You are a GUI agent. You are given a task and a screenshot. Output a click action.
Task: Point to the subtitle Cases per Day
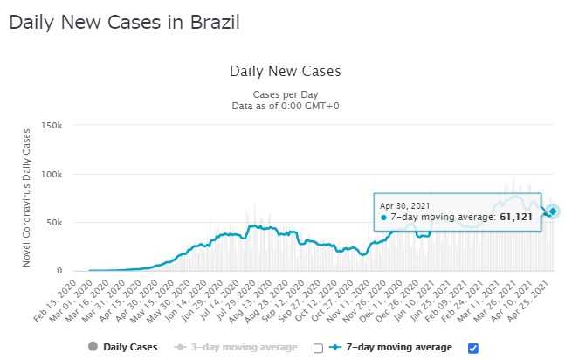(285, 93)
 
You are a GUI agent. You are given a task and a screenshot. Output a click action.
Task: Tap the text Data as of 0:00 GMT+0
(285, 104)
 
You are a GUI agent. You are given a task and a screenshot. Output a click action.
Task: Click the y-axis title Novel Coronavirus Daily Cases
(27, 197)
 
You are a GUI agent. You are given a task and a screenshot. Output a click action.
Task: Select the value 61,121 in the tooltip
(516, 216)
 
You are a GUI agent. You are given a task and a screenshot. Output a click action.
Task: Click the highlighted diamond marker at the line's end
(553, 211)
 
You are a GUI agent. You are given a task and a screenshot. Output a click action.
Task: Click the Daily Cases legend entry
(121, 348)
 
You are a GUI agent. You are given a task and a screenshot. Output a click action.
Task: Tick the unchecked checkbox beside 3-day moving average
(319, 348)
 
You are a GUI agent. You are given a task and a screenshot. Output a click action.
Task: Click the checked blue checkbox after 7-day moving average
(473, 348)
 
